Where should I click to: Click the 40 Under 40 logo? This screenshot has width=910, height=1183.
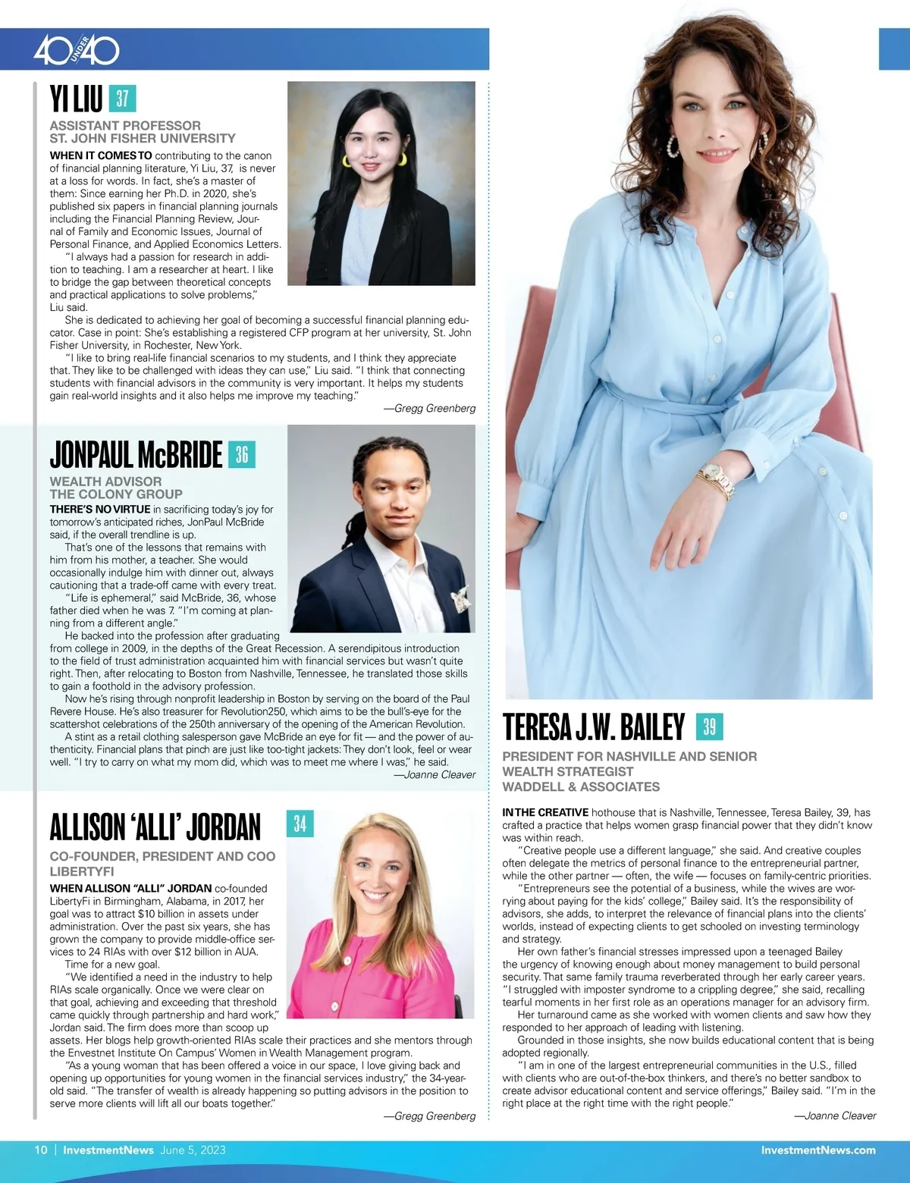coord(77,50)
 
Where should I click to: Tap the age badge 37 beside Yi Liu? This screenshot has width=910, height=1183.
coord(122,99)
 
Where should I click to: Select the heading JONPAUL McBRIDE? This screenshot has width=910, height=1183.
coord(136,455)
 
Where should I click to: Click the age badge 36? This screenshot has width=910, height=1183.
coord(242,454)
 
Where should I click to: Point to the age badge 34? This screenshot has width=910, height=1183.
coord(300,824)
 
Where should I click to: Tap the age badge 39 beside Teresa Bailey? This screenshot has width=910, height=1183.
coord(709,726)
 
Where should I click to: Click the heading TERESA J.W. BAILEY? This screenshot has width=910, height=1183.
coord(594,726)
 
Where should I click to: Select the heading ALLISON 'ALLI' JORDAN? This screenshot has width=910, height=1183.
coord(155,827)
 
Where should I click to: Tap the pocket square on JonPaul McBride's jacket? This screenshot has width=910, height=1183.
coord(460,600)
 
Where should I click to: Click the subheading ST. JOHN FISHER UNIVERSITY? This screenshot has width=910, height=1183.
coord(143,139)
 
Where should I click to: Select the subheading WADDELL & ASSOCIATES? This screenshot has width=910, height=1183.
coord(581,787)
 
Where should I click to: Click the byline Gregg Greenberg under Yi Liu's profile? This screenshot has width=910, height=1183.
coord(435,409)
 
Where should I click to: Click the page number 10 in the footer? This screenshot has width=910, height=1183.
coord(41,1150)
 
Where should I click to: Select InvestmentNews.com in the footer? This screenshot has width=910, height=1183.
coord(817,1150)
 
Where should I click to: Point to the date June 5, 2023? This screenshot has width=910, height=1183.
coord(193,1150)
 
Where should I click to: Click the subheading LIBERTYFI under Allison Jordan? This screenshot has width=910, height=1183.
coord(82,871)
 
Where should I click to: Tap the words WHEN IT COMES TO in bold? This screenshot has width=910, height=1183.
coord(101,155)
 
